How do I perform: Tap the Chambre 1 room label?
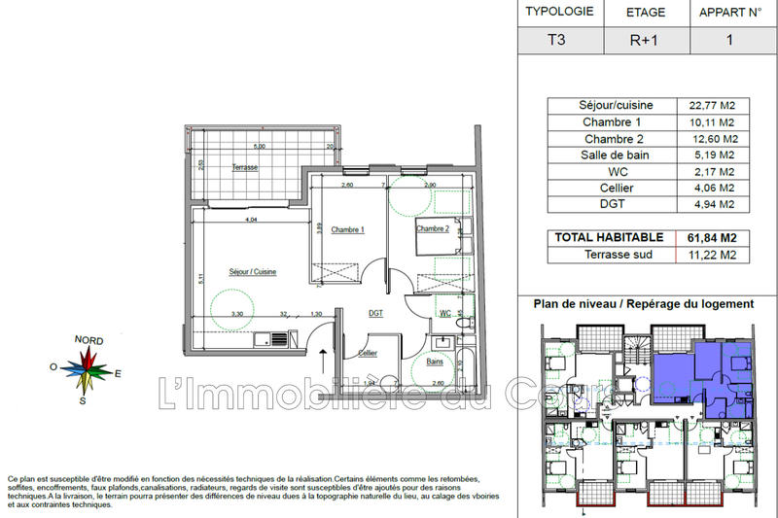click(x=347, y=230)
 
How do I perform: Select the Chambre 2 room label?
click(x=433, y=229)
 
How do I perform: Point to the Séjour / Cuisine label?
click(x=252, y=272)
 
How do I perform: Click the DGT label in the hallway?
click(x=375, y=314)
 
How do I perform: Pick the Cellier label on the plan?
click(x=368, y=353)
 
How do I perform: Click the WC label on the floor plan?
click(x=443, y=314)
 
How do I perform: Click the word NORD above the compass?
click(x=89, y=340)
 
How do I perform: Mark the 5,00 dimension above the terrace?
click(x=259, y=146)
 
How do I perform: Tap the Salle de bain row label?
click(x=602, y=155)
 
